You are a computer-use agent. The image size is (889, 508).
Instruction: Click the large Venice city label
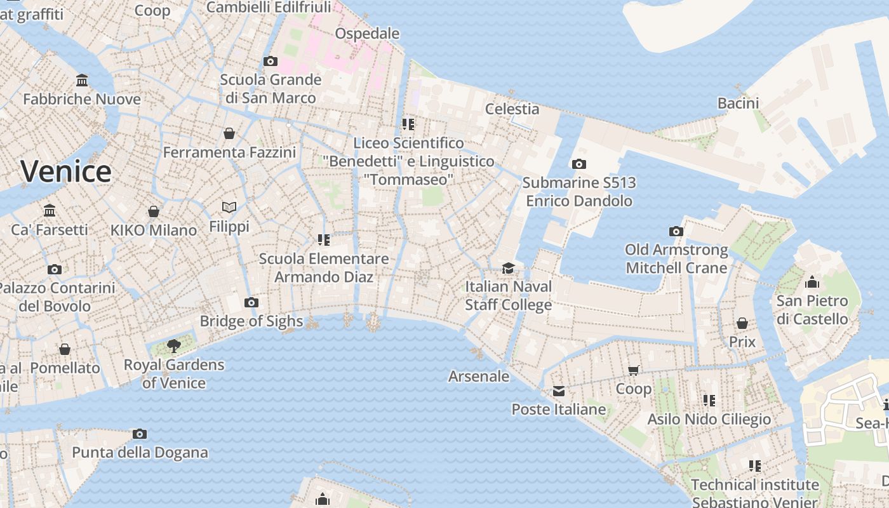click(66, 171)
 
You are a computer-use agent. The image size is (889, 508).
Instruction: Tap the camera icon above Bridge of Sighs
click(251, 302)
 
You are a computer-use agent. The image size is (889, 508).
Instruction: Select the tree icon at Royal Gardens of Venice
click(173, 345)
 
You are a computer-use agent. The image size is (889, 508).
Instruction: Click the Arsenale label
click(479, 377)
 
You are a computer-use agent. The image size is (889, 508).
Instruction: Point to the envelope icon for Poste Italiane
click(559, 391)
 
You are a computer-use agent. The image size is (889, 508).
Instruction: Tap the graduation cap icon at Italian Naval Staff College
click(508, 268)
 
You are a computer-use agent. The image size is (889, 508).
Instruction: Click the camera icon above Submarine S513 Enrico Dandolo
click(578, 164)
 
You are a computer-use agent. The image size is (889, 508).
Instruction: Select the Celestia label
click(512, 109)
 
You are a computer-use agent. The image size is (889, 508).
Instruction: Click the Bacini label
click(739, 103)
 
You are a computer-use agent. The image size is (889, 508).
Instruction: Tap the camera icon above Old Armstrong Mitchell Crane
click(676, 231)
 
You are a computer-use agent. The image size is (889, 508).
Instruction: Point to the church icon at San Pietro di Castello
click(812, 282)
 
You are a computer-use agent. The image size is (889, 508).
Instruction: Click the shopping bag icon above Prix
click(742, 323)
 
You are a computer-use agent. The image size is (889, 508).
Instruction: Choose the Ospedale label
click(367, 33)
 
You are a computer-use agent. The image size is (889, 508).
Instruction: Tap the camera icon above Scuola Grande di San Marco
click(271, 61)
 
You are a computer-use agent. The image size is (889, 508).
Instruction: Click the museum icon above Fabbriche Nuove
click(82, 81)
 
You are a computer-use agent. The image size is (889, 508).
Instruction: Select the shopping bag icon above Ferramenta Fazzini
click(229, 133)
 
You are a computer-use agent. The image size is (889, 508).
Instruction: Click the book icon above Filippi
click(229, 207)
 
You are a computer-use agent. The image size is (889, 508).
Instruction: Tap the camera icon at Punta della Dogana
click(140, 434)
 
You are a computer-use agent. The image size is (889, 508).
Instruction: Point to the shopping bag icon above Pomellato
click(65, 349)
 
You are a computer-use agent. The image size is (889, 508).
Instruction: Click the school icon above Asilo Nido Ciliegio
click(709, 400)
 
